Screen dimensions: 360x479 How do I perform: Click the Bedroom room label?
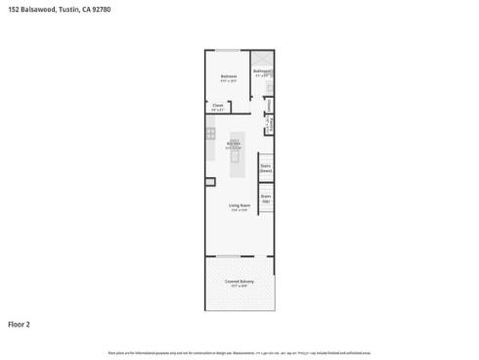point(229,76)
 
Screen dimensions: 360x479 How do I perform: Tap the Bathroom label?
point(262,70)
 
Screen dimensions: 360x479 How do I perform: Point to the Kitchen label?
point(234,144)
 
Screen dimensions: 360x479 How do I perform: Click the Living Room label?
point(239,204)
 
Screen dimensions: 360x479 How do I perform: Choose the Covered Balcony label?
point(239,282)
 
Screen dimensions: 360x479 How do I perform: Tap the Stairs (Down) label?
point(265,167)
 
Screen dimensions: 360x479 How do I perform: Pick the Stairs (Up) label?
point(265,198)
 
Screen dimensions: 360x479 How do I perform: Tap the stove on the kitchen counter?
point(210,131)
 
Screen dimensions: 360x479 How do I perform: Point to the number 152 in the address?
point(13,9)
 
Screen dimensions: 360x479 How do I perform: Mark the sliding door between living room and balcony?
point(228,257)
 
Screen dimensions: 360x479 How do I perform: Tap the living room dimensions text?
point(239,210)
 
